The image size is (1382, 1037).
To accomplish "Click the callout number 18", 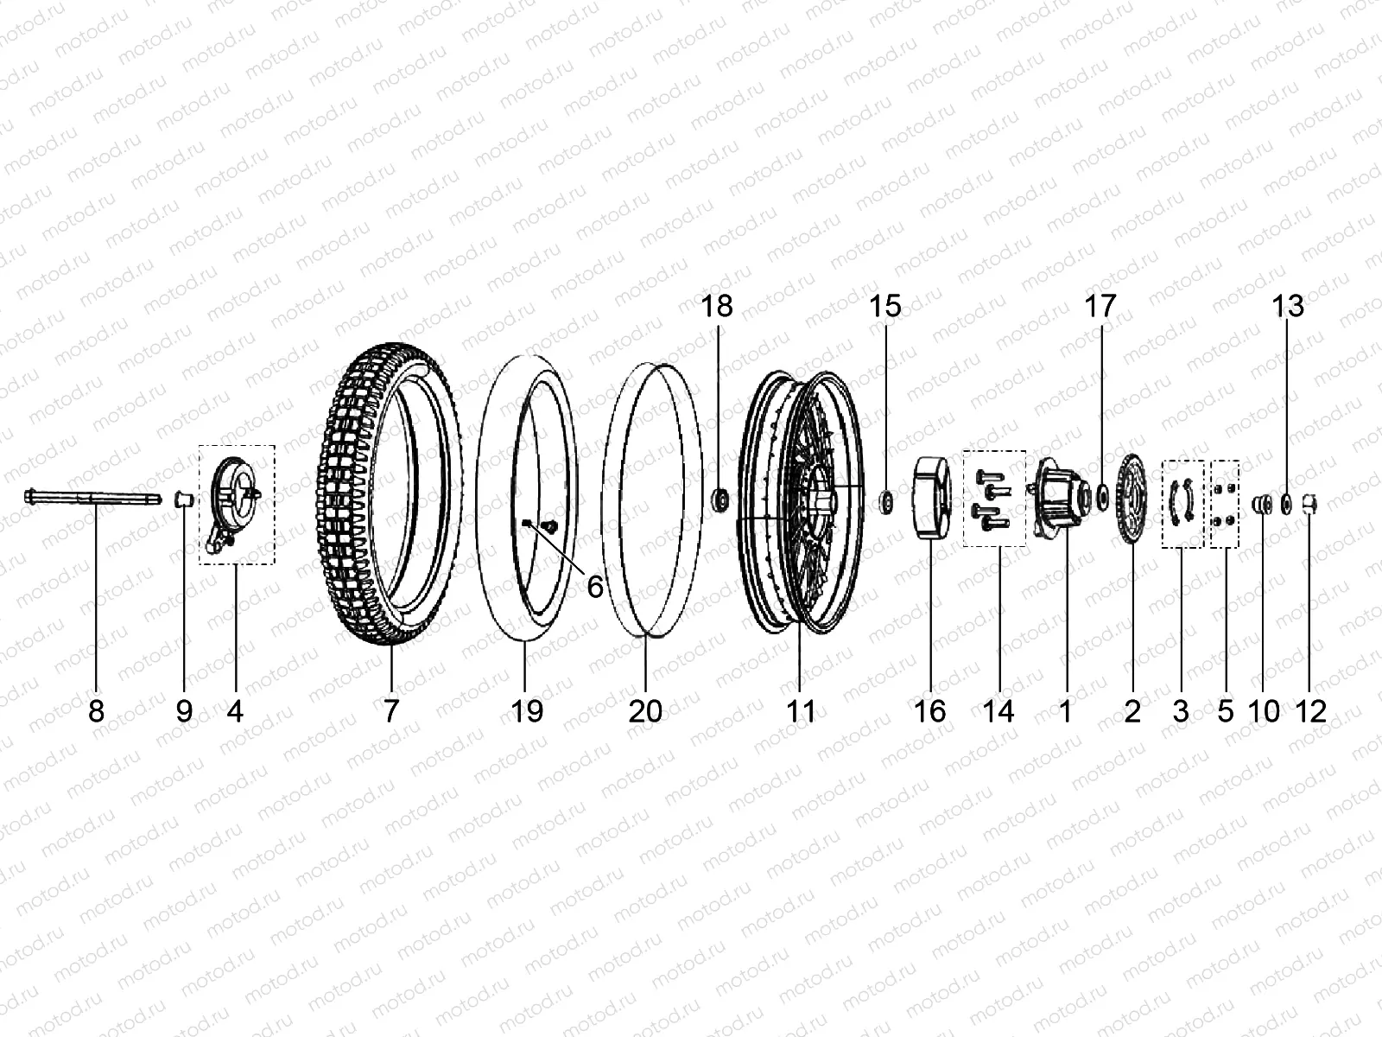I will (x=717, y=306).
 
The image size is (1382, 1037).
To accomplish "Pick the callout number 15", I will (x=885, y=306).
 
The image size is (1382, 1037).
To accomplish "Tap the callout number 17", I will (x=1100, y=306).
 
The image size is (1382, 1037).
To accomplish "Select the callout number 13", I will (x=1288, y=306).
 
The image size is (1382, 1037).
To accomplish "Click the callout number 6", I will (x=595, y=587).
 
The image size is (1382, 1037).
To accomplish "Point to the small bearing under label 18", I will (x=718, y=499).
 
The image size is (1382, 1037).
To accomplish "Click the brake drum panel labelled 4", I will (x=233, y=501).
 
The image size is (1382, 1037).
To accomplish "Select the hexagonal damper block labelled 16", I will (x=929, y=501).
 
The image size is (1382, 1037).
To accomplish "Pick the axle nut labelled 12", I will (x=1310, y=500).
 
